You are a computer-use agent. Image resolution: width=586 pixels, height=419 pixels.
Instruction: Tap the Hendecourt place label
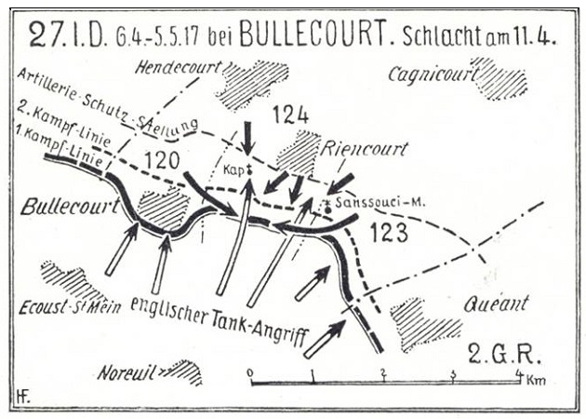pyautogui.click(x=177, y=67)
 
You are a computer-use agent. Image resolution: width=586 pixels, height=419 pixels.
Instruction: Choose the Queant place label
pyautogui.click(x=496, y=303)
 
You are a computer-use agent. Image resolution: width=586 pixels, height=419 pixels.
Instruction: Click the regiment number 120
pyautogui.click(x=162, y=159)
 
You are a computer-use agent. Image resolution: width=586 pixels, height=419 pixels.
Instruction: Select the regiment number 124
pyautogui.click(x=291, y=115)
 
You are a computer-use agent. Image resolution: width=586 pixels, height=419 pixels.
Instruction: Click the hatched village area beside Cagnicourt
pyautogui.click(x=500, y=79)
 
